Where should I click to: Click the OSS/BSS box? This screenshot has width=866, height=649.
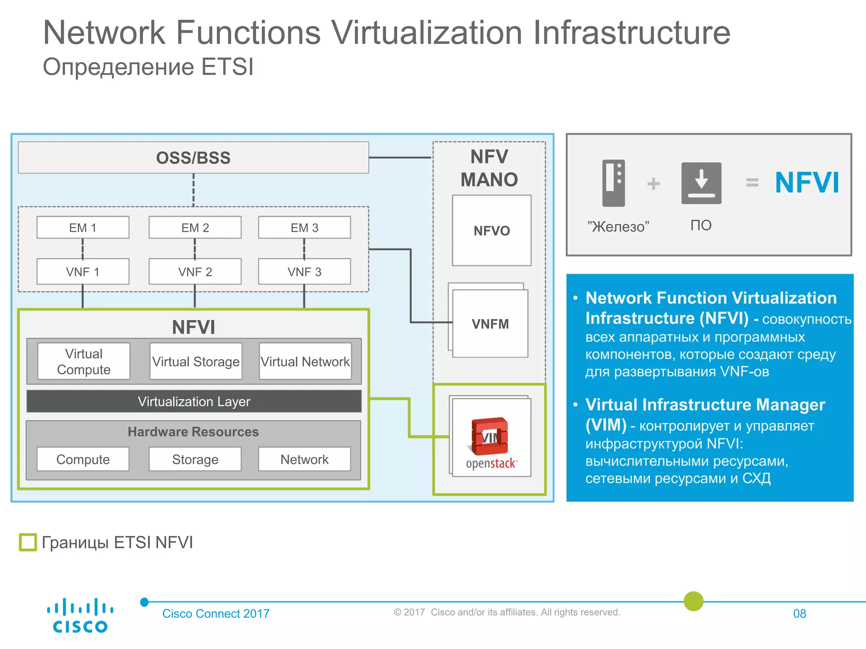tap(193, 158)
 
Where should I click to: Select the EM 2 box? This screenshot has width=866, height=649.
tap(195, 228)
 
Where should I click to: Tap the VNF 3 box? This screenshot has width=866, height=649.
tap(304, 272)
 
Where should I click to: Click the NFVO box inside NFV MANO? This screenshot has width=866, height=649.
tap(491, 231)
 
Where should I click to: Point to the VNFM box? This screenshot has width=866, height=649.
tap(490, 324)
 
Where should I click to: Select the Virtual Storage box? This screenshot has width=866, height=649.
tap(196, 362)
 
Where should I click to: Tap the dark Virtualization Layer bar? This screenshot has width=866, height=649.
tap(194, 401)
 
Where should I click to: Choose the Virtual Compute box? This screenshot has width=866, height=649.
tap(84, 362)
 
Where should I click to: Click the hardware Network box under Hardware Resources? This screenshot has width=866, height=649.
tap(304, 459)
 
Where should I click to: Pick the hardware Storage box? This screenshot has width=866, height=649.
tap(195, 459)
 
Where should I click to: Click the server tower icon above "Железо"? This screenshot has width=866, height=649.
tap(614, 183)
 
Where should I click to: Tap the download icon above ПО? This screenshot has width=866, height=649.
tap(701, 183)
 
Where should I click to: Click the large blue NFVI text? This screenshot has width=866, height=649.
tap(807, 183)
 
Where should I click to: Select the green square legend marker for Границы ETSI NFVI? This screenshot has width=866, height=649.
tap(28, 542)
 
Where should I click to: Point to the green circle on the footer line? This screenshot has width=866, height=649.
tap(693, 601)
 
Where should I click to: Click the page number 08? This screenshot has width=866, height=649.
tap(799, 614)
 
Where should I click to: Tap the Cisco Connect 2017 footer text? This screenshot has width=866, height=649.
tap(216, 614)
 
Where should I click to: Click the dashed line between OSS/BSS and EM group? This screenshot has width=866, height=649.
tap(194, 190)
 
